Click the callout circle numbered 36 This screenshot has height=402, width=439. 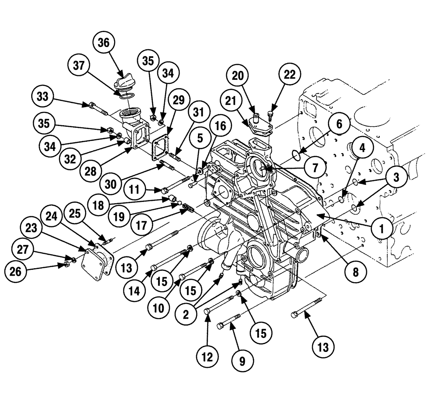pyautogui.click(x=104, y=44)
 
